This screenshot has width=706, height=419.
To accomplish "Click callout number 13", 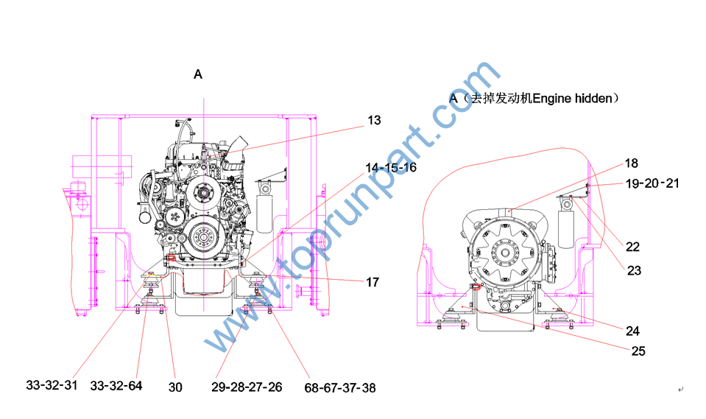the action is (374, 120).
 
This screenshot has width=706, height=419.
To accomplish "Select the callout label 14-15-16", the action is (391, 168).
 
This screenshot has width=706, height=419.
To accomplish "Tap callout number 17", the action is (373, 282).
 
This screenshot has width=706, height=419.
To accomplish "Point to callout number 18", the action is (631, 163).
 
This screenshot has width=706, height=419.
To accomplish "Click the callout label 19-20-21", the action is (652, 183).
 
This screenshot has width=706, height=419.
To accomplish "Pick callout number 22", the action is (632, 247).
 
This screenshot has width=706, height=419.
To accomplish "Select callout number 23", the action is (634, 271).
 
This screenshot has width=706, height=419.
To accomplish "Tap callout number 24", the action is (632, 331).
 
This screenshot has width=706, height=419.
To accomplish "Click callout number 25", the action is (638, 351).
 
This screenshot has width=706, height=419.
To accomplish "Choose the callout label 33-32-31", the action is (52, 385).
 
